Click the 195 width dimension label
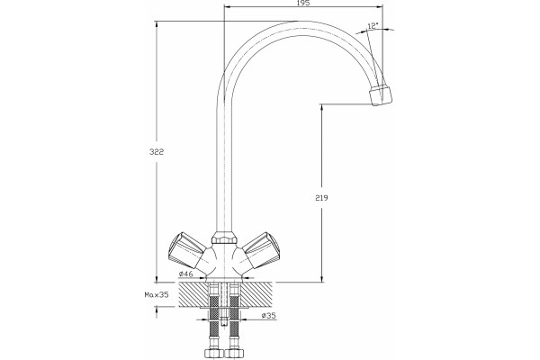coord(303,3)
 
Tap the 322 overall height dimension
coord(157,152)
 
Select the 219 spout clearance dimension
coord(321,198)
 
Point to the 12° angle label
coord(373,26)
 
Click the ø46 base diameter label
coord(185,274)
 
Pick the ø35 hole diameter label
coord(268,315)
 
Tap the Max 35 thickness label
coord(157,295)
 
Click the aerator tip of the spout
coord(381,95)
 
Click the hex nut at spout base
coord(224,238)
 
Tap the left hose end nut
coord(213,353)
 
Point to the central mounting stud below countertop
coord(224,303)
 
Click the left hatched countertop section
coord(193,294)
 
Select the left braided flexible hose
coord(214,317)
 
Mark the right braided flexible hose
coord(234,317)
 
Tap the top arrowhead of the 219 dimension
coord(321,107)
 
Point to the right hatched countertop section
coord(256,294)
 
